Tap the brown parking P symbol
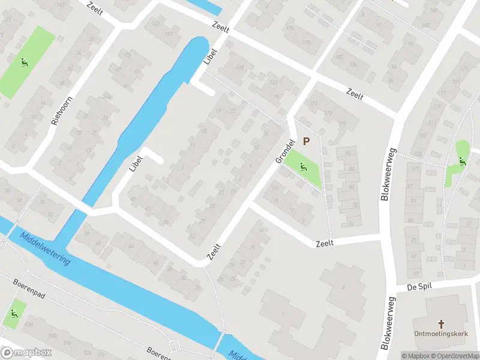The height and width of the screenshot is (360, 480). pos(306,142)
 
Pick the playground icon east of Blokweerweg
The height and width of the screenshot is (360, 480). pos(462,160)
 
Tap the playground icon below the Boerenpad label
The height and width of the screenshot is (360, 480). pos(14,314)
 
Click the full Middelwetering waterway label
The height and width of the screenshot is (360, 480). pos(44,249)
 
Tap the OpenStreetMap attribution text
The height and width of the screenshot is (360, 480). pos(454,356)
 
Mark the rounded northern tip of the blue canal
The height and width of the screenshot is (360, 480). pos(200,41)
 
